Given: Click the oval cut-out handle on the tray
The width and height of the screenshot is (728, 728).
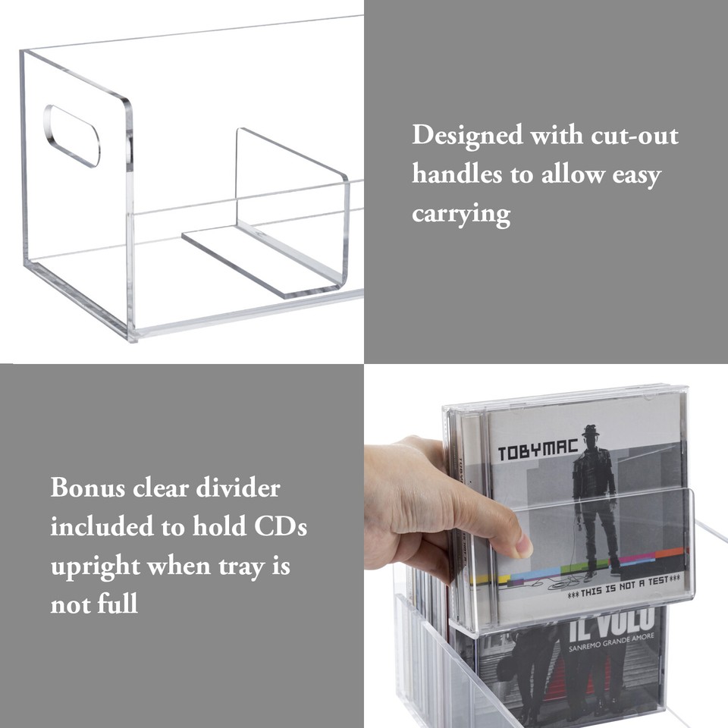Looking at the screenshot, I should (72, 136).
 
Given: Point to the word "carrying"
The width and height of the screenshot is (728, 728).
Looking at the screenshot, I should (461, 215).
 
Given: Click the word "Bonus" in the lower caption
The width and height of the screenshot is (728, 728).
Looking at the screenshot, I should (87, 487).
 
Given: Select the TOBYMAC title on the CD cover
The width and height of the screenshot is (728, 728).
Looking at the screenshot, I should (527, 453).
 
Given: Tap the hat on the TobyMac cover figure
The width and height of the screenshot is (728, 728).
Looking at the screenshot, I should (590, 430).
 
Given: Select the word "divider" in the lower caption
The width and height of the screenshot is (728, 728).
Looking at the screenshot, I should (237, 487).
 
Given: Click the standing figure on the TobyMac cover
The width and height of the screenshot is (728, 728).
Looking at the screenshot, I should (593, 493).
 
